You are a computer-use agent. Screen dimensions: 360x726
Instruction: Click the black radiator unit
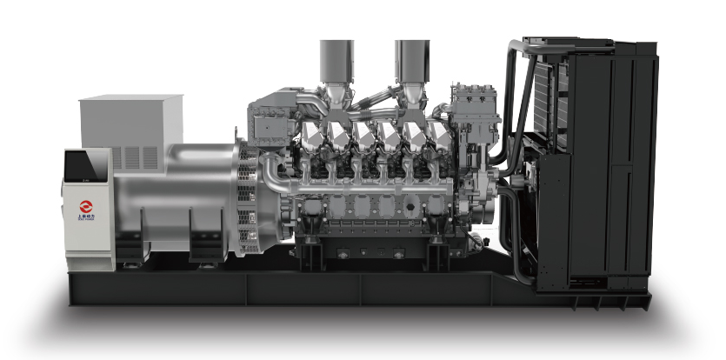coord(591,165)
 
